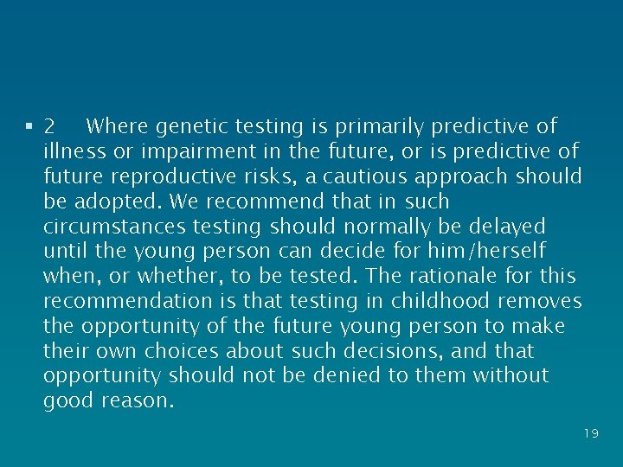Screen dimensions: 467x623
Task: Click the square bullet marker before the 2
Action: [29, 126]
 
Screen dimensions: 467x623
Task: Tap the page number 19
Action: [591, 433]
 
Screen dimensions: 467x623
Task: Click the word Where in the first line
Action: [118, 126]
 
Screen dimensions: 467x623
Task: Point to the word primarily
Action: [379, 126]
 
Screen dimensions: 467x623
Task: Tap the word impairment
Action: [196, 151]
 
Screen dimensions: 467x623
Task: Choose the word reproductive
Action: [172, 176]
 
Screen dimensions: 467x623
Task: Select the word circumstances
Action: [108, 227]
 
